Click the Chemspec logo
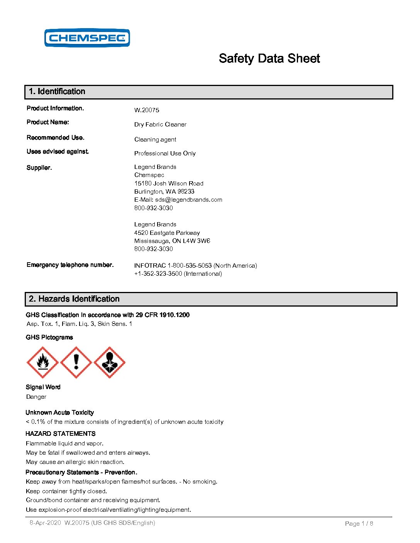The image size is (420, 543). (87, 38)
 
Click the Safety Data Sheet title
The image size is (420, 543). (269, 59)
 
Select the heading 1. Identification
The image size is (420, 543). (57, 92)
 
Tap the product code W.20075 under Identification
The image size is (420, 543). (147, 110)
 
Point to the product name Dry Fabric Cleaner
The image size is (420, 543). (160, 125)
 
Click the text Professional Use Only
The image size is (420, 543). (165, 153)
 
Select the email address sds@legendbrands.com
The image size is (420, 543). (189, 200)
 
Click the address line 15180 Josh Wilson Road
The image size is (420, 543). (169, 184)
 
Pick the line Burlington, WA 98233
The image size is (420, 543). (164, 192)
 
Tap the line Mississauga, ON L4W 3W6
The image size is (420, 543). (172, 241)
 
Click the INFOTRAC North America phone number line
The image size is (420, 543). (195, 266)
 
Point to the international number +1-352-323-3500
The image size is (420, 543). (158, 274)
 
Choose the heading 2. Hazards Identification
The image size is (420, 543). (74, 299)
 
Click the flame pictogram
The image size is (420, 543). (42, 363)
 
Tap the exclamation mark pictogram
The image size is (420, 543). (76, 363)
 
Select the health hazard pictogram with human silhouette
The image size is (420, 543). (110, 363)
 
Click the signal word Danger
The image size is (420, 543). (36, 397)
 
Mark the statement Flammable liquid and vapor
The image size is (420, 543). (64, 444)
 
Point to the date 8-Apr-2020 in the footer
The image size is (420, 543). (45, 523)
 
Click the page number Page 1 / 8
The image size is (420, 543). (359, 524)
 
